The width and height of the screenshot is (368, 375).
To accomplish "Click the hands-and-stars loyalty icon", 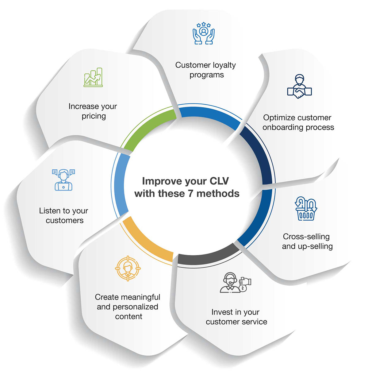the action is click(x=203, y=33).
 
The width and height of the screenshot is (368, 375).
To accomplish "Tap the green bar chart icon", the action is click(x=93, y=77).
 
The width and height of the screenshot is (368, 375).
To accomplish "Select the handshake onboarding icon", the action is click(x=299, y=87).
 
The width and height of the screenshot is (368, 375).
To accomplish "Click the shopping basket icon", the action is click(x=306, y=208).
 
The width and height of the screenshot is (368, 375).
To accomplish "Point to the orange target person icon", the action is click(x=128, y=268).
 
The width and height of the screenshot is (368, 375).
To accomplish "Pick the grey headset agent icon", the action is click(x=235, y=282).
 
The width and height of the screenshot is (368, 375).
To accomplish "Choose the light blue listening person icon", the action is click(x=63, y=180).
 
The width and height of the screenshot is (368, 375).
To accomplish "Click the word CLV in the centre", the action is click(x=219, y=181).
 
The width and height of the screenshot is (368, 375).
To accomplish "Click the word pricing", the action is click(x=94, y=117).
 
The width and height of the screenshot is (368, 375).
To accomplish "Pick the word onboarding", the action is click(x=283, y=127).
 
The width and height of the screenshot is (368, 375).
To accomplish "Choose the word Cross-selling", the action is click(x=306, y=237).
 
